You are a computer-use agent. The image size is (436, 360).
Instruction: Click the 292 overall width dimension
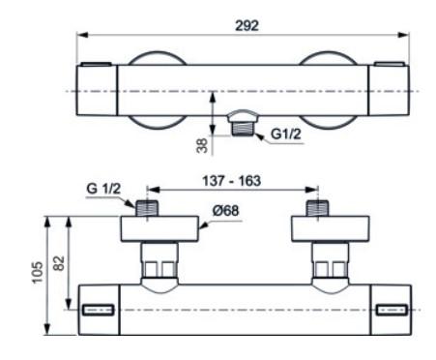pyautogui.click(x=248, y=25)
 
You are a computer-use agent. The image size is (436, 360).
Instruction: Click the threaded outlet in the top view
pyautogui.click(x=247, y=126)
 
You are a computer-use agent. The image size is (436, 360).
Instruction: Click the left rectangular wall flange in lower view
pyautogui.click(x=159, y=230)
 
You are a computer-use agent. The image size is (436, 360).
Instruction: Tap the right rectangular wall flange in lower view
pyautogui.click(x=330, y=230)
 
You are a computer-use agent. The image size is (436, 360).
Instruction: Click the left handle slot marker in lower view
pyautogui.click(x=100, y=311)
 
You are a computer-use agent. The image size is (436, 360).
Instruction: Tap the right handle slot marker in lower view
pyautogui.click(x=392, y=311)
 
